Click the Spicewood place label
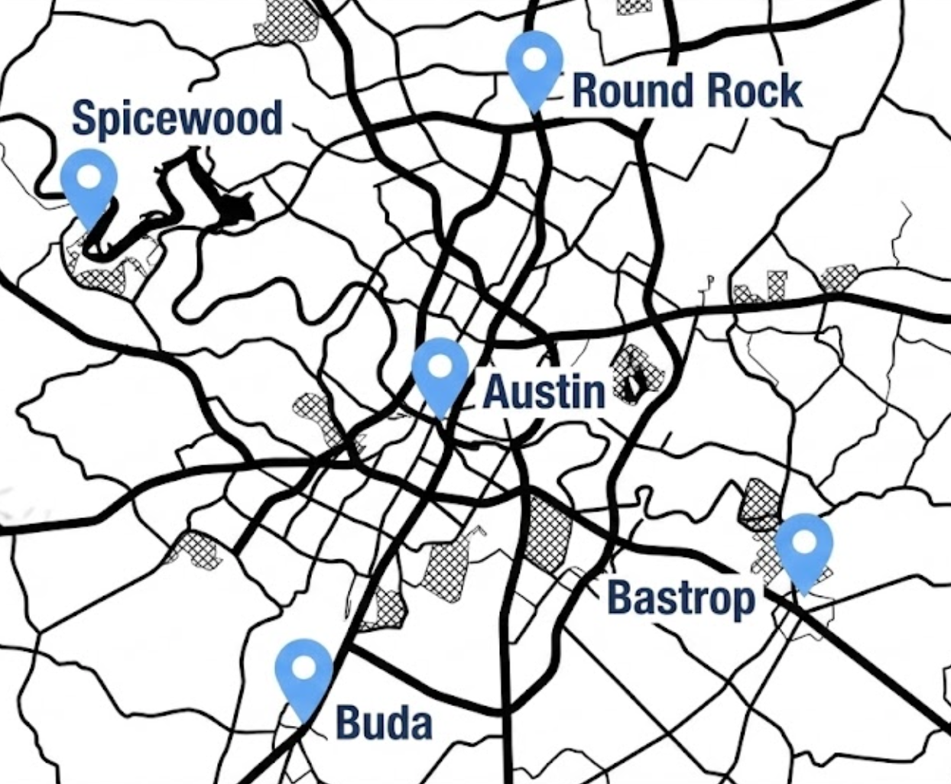pos(177,118)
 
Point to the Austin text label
pos(544,391)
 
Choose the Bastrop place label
pos(681,598)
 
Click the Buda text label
pos(384,721)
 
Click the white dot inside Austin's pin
pos(440,366)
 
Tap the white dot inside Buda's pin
pos(304,668)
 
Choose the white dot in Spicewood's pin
pos(89,177)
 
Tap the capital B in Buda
pos(348,721)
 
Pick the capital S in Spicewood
pos(83,118)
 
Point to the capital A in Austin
pos(496,391)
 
